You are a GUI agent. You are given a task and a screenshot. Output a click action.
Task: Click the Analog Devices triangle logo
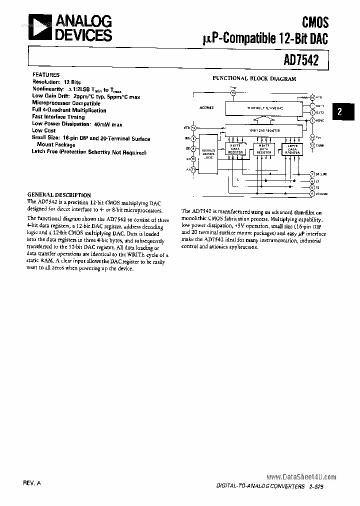coord(36,26)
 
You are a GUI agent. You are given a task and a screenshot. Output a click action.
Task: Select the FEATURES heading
coord(46,74)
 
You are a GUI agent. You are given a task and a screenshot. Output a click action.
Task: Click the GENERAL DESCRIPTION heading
coord(59,195)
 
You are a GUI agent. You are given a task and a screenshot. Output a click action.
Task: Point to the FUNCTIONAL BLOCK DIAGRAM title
coord(254,78)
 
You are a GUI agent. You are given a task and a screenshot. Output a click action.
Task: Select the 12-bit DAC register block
coord(264,130)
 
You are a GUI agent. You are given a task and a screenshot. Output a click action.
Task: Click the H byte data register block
coord(235,149)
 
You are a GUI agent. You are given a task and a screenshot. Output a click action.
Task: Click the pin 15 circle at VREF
coord(233,92)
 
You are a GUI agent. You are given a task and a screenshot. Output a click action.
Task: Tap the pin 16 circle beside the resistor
coord(312,97)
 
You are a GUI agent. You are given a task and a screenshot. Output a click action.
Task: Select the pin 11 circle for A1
coord(193,169)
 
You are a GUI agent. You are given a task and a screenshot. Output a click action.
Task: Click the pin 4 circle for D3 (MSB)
coord(312,192)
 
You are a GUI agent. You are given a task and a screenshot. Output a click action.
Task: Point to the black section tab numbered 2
coord(339,111)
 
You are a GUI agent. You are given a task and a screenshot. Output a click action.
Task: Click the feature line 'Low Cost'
coord(44,130)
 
